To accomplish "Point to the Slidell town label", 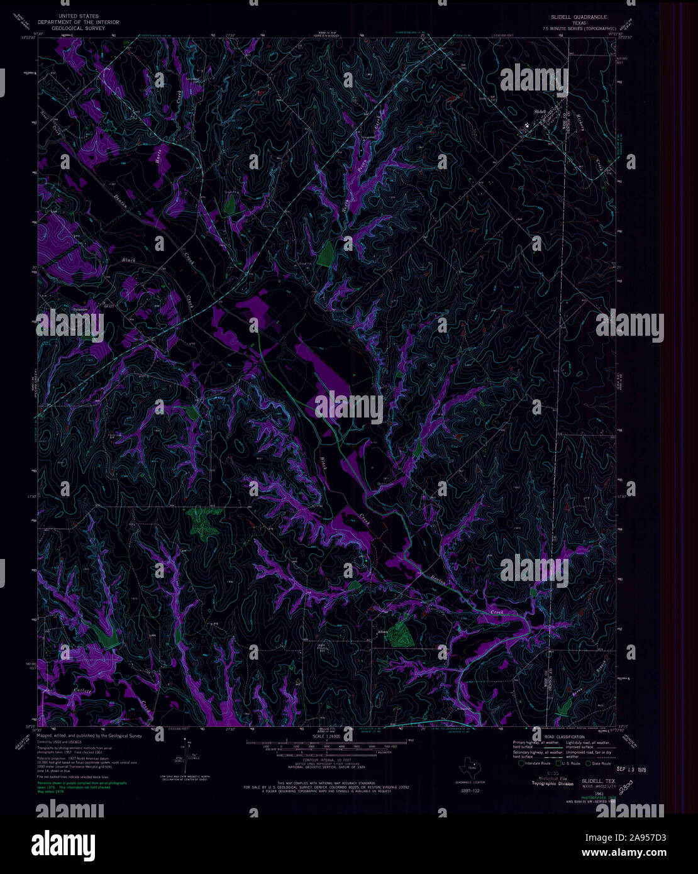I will point(540,111).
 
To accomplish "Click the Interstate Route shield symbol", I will point(521,763).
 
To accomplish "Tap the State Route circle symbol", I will point(589,763).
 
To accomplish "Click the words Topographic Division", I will point(553,784).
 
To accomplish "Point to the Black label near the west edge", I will point(128,260).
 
